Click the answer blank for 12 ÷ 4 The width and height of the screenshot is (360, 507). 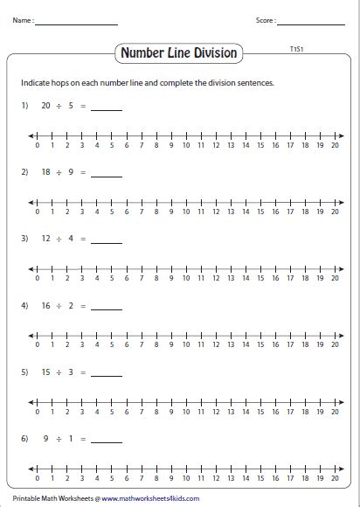tap(107, 240)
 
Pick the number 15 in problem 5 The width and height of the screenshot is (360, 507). tap(47, 372)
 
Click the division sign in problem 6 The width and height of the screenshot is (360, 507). tap(59, 439)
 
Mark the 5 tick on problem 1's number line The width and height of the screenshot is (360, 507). tap(111, 135)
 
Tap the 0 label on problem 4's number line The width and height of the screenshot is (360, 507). tap(38, 346)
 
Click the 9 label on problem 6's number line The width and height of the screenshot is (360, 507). tap(171, 480)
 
